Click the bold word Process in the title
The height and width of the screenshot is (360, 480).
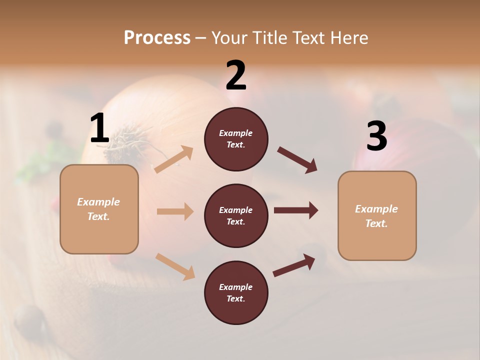coord(157,38)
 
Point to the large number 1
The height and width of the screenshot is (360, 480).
coord(99,128)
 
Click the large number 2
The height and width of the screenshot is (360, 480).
coord(236,75)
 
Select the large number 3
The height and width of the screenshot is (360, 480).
coord(377,136)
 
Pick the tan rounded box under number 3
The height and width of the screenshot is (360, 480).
coord(377,245)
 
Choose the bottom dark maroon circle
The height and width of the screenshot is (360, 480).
coord(236,310)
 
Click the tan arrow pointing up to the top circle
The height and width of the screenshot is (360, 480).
coord(174,159)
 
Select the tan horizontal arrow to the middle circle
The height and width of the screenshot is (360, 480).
coord(175,211)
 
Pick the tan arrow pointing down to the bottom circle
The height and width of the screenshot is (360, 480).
coord(175,266)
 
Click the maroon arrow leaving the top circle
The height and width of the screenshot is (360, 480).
coord(297,160)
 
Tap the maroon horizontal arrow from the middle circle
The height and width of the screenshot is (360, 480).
coord(296,210)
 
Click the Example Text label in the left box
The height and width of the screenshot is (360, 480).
coord(99,209)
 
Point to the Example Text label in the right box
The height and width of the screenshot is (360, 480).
coord(377,216)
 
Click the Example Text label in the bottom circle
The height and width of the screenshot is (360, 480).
coord(236,293)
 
